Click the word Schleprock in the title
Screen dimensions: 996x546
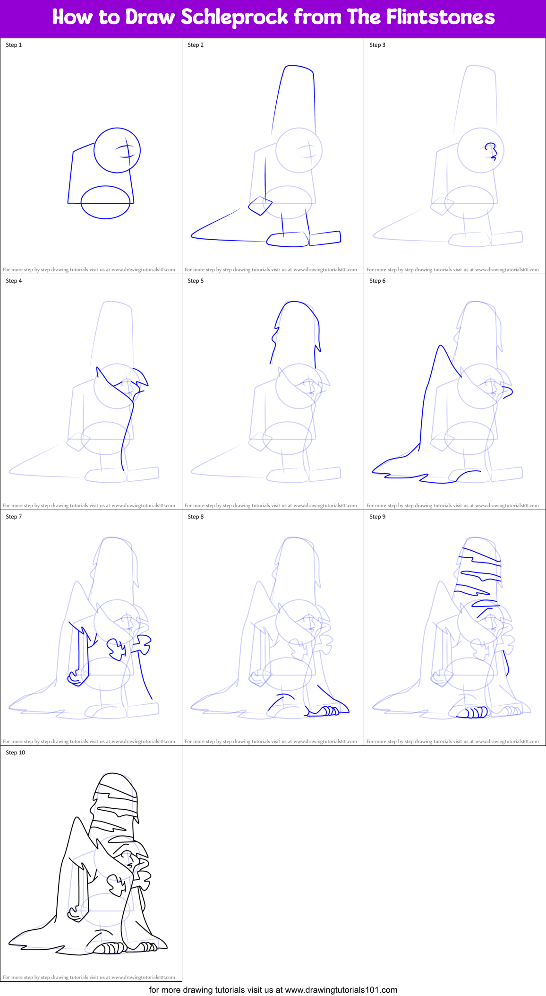point(234,17)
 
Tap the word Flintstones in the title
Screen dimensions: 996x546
point(440,17)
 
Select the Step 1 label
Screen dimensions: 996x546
point(14,45)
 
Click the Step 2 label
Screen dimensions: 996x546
point(196,45)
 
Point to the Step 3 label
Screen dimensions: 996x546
point(377,45)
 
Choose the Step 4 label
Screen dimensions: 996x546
point(14,281)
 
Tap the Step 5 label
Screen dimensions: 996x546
point(196,281)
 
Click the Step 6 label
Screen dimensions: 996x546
point(377,281)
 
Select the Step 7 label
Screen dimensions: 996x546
point(14,517)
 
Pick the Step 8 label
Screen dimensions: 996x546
point(196,517)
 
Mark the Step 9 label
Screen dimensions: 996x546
point(377,517)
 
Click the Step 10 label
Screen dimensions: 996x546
point(15,753)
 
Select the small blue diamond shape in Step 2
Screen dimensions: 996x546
point(261,206)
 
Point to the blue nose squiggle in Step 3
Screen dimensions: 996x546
point(492,151)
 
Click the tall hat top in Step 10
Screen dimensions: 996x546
point(116,787)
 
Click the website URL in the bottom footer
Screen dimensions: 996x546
point(341,990)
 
